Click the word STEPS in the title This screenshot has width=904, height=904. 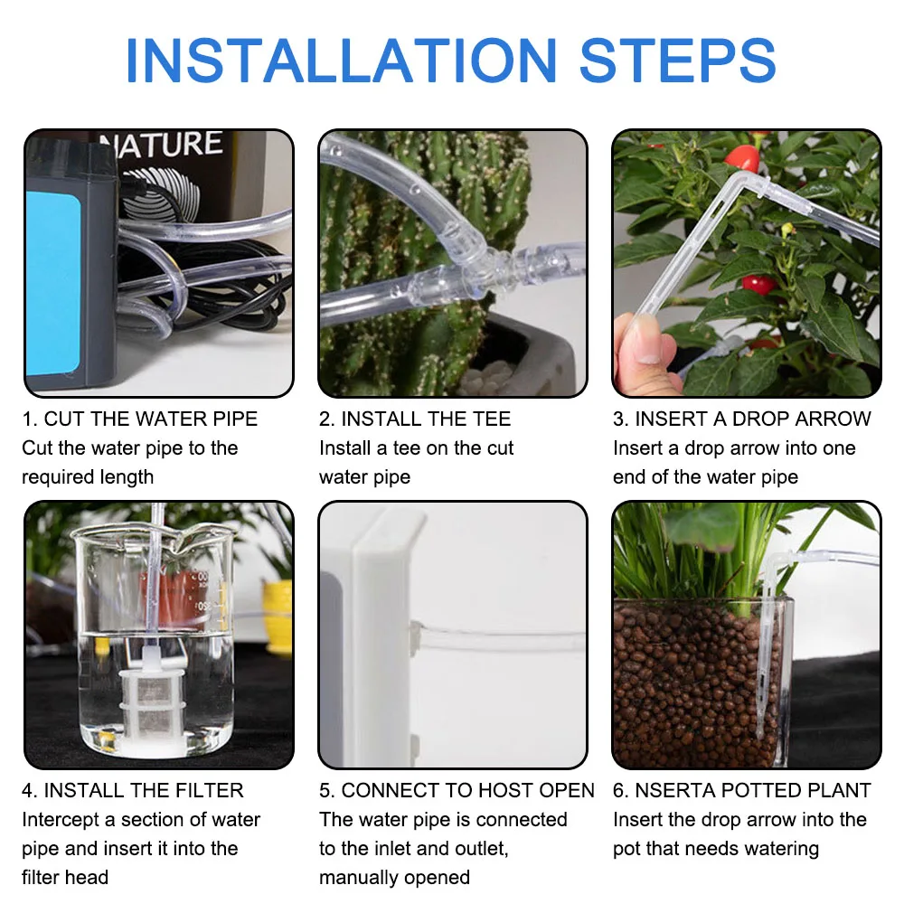677,61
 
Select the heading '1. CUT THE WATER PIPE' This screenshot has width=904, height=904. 140,419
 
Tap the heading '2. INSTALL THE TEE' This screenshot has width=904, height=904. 415,419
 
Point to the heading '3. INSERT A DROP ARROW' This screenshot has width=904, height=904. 741,419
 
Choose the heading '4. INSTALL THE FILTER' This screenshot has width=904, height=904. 133,791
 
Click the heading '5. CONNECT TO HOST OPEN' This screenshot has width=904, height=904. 457,791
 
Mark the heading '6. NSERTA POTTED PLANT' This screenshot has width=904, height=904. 741,791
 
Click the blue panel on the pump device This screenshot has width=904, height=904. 54,271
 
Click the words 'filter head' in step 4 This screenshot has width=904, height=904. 65,878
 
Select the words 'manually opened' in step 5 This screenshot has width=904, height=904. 394,878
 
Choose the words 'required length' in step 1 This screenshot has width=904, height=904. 88,477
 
